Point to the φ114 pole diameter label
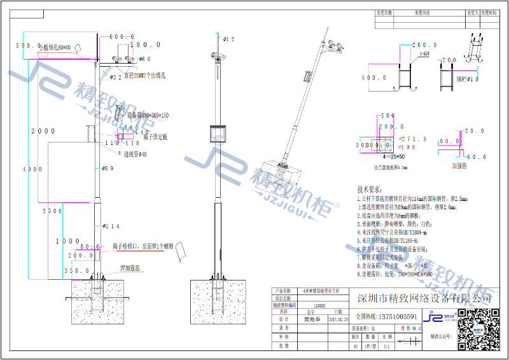(x=111, y=226)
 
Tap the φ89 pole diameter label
(x=108, y=169)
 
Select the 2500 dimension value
(x=52, y=211)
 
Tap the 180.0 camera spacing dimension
(x=145, y=45)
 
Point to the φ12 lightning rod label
(x=228, y=39)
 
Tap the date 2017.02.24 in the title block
(x=339, y=321)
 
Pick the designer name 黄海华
(x=311, y=321)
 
